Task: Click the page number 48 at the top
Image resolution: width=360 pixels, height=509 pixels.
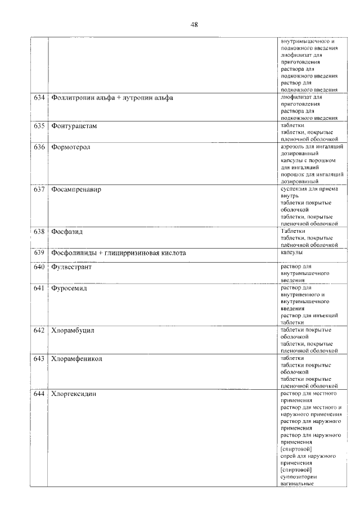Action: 194,25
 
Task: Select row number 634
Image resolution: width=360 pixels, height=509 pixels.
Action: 39,98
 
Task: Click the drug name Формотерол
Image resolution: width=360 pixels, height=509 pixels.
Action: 70,147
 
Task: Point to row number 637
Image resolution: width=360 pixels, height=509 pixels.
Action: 39,190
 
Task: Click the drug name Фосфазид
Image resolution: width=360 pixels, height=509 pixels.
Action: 67,231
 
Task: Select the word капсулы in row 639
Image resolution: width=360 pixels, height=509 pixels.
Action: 291,253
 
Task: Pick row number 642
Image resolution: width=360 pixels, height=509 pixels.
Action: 39,330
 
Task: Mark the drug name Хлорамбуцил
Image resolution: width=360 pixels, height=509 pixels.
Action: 73,330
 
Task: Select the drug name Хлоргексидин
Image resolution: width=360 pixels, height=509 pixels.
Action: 73,394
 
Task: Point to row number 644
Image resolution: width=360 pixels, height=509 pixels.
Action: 39,394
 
